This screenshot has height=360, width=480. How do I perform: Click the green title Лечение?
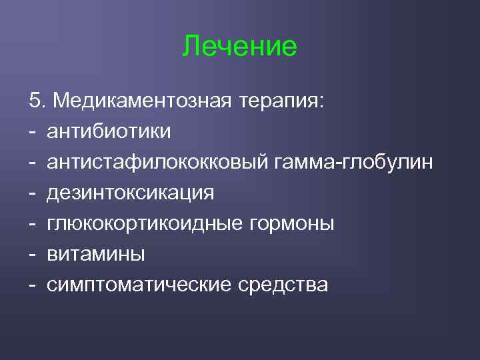click(x=240, y=47)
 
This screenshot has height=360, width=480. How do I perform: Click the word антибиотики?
click(x=109, y=131)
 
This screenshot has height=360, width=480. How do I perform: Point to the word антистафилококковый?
click(x=157, y=162)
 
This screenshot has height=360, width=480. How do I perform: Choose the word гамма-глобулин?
click(x=353, y=162)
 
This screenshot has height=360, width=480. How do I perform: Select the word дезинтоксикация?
click(x=131, y=193)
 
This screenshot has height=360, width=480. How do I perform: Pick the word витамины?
click(x=96, y=254)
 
